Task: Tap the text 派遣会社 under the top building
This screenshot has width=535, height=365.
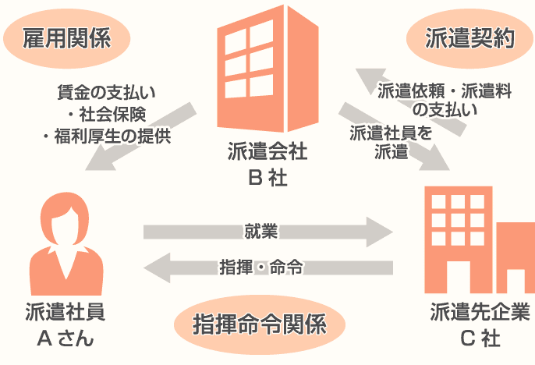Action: click(x=267, y=152)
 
